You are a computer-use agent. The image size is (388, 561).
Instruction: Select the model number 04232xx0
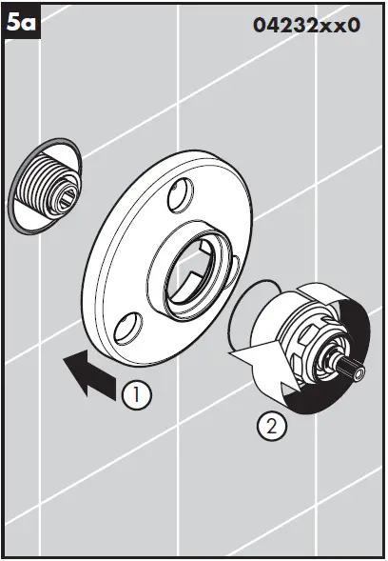point(306,25)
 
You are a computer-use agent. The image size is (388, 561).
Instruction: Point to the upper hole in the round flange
point(177,197)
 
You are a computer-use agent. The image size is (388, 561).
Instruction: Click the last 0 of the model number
point(354,26)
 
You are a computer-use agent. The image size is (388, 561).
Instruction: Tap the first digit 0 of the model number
point(260,26)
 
